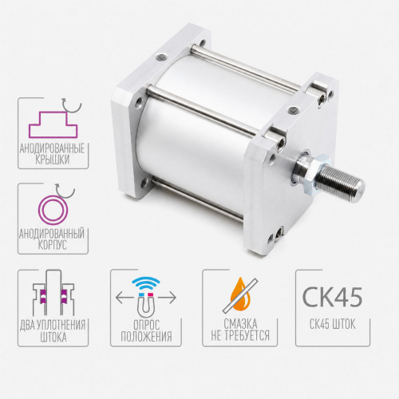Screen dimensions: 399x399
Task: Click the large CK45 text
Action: point(332,297)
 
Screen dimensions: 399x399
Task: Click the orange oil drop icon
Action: point(240,294)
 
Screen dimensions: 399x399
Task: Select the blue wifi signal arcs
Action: point(146,284)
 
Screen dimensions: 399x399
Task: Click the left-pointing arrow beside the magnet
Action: point(124,298)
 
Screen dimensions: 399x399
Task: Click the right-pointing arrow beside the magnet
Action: point(167,298)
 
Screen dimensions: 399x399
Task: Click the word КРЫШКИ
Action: point(53,160)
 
